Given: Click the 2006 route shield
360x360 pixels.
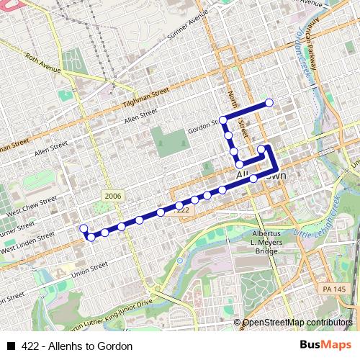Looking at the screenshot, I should [x=112, y=196].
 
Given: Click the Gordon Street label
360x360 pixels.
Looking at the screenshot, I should [x=203, y=126].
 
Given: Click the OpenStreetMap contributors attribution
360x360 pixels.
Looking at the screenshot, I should [x=298, y=323].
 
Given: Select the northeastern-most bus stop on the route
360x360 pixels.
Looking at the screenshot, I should [x=269, y=103].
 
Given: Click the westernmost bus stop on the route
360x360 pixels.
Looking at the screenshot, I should [x=84, y=228].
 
